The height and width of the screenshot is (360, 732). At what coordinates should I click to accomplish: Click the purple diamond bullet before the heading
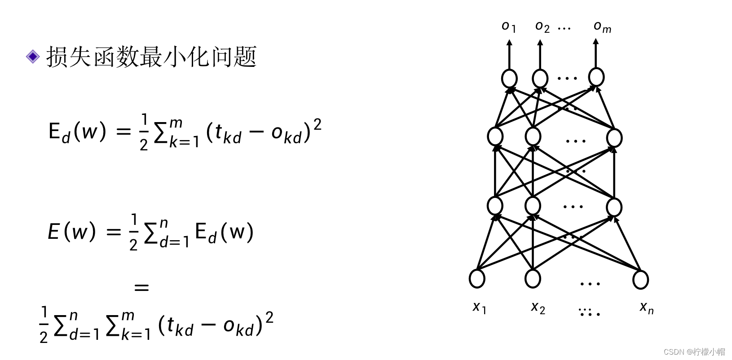pos(33,57)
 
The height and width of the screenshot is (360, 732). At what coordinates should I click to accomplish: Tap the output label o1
pos(508,27)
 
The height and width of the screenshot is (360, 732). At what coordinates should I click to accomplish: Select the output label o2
pos(542,27)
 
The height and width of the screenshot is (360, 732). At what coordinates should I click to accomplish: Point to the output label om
pos(602,27)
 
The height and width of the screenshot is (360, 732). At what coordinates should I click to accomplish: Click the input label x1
pos(479,307)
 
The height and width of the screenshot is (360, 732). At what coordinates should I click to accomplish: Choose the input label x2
pos(538,307)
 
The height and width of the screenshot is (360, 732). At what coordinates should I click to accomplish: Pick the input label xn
pos(646,307)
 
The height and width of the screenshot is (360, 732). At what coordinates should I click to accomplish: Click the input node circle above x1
pos(477,278)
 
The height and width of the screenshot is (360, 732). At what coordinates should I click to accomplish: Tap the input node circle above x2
pos(533,278)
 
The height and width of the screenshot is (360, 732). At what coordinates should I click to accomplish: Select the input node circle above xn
pos(640,279)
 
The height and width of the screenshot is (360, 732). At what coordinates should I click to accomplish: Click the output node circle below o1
pos(509,79)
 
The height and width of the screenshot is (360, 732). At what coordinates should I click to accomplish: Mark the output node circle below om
pos(596,77)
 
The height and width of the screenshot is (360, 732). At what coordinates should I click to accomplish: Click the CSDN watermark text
pos(694,351)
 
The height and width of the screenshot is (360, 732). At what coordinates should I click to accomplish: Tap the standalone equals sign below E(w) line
pos(141,287)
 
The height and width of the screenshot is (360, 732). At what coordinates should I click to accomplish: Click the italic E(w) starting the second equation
pos(72,232)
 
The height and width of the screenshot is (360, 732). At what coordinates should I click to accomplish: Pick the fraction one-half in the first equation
pos(144,132)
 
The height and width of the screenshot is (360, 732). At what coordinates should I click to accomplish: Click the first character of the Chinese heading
pos(57,57)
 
